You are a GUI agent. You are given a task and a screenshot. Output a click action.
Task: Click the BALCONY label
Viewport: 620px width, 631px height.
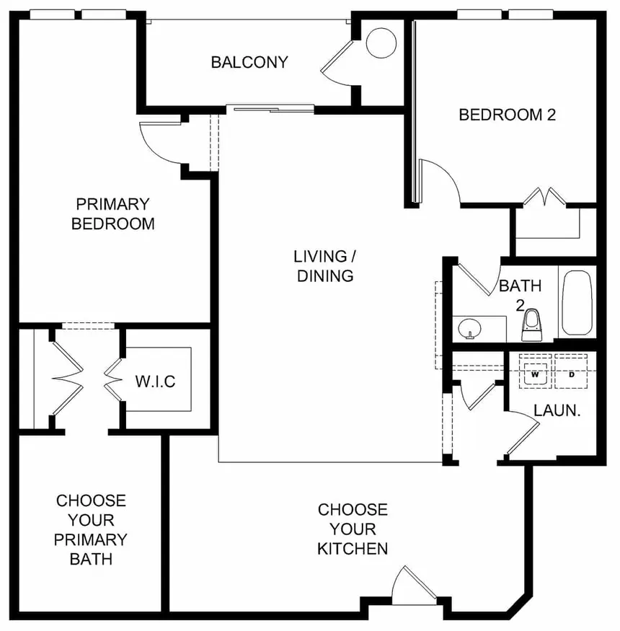249,62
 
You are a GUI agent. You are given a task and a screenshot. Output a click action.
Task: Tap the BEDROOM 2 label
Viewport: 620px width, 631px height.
507,115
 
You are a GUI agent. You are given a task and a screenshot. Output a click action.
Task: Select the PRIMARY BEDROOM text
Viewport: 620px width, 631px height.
112,214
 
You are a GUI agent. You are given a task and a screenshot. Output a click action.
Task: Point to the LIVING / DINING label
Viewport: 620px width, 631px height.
324,266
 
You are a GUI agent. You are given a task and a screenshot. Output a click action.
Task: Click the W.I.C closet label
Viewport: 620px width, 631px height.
155,381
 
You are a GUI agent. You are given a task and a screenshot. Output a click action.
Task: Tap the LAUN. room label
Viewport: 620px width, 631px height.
557,410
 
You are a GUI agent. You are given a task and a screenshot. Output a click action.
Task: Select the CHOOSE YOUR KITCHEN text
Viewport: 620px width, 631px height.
353,529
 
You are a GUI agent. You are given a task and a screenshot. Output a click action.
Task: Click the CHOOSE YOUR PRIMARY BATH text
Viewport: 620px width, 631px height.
92,529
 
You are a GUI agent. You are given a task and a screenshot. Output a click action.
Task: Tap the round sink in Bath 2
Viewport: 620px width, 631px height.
470,329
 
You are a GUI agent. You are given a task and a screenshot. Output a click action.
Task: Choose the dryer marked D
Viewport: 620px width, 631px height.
571,374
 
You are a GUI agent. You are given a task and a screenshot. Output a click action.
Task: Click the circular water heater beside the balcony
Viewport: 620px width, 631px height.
381,43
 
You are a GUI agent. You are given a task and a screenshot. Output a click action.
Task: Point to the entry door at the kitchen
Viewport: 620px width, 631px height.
414,585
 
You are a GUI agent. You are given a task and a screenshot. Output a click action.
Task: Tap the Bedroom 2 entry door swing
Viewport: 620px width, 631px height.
438,180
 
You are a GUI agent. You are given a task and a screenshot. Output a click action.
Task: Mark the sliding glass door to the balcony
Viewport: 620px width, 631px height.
270,109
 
